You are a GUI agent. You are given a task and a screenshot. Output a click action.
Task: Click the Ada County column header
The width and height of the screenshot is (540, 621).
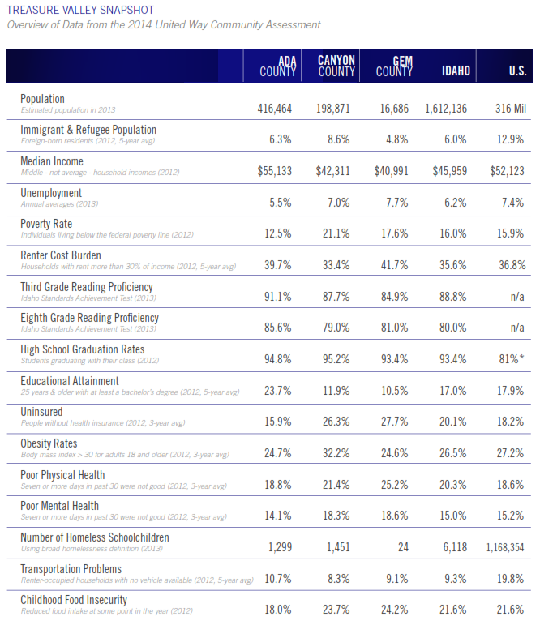278,66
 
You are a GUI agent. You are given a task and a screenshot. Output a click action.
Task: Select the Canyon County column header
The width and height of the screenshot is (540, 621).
336,66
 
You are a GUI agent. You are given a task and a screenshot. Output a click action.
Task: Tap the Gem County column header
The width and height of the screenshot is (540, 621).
394,66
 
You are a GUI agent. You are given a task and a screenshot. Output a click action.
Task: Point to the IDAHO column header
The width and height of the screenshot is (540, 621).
456,71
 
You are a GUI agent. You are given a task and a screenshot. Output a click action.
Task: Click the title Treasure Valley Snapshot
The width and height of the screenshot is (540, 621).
80,10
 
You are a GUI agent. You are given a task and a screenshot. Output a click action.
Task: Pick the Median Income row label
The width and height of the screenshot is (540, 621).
52,161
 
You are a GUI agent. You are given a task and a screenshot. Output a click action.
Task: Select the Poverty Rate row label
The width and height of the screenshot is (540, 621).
46,224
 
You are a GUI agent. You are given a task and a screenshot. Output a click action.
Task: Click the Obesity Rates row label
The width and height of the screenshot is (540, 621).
49,443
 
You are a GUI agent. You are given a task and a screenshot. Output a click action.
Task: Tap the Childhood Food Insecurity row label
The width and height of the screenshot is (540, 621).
74,600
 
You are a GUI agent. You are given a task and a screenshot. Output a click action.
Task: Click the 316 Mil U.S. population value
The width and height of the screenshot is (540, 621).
511,109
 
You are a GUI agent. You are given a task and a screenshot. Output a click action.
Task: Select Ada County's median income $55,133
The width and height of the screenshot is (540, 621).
275,171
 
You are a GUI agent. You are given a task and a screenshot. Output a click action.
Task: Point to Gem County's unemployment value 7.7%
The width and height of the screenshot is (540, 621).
397,203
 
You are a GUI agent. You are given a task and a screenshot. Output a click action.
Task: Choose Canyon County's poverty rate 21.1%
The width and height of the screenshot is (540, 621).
336,233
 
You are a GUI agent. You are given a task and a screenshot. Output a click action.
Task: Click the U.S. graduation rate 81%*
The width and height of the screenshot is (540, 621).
512,359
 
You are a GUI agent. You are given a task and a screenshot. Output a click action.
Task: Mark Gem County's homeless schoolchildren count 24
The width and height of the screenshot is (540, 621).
403,547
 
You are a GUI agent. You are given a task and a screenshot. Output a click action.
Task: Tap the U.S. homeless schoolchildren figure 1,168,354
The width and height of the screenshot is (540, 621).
505,547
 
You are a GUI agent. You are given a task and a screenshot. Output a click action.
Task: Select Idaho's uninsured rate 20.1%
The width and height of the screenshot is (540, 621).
453,422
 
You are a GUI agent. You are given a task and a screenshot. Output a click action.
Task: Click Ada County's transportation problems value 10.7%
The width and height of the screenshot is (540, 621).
278,579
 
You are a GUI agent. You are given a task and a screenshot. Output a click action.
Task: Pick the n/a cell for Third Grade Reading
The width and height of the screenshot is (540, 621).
517,297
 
